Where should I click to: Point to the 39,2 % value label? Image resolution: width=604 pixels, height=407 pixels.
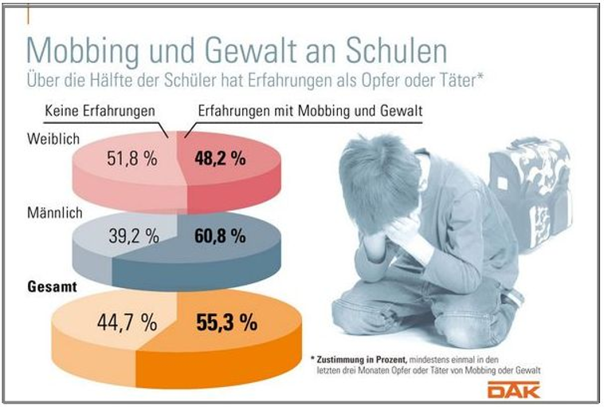[x=135, y=235]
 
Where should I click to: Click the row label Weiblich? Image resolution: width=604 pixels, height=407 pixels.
[x=53, y=139]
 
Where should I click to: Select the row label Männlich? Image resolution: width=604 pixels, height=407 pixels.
[x=55, y=213]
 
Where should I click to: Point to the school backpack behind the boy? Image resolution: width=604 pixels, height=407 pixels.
[x=526, y=192]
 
